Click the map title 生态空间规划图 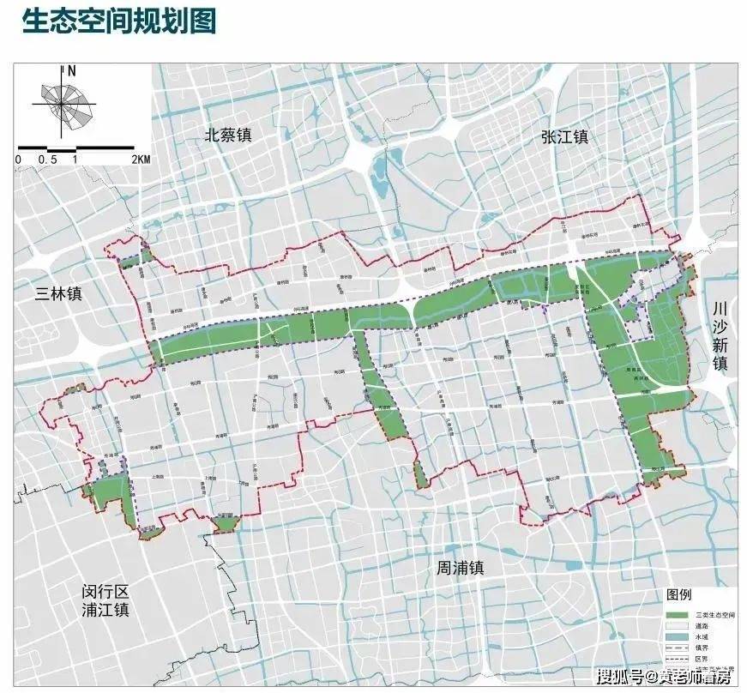click(119, 21)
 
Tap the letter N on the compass click(72, 70)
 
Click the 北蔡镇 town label click(227, 135)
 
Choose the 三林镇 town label click(58, 292)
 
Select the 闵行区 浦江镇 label click(105, 601)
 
